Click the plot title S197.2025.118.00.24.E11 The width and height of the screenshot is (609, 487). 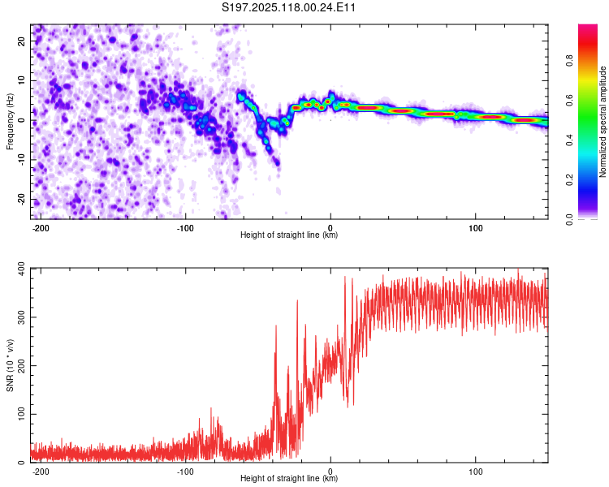[x=288, y=7]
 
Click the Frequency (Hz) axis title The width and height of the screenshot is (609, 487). [x=10, y=122]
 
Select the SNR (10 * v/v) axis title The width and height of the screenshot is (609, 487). [x=10, y=365]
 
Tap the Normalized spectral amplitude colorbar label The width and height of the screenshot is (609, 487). [x=603, y=122]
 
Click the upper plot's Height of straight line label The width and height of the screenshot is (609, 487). [x=289, y=235]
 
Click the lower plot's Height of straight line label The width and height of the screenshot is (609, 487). [x=289, y=478]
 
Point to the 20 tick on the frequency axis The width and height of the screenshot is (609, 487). [x=21, y=41]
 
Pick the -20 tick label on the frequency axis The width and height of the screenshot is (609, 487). [x=21, y=199]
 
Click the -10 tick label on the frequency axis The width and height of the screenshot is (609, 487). [x=21, y=160]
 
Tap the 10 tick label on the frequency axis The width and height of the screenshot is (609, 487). [x=21, y=80]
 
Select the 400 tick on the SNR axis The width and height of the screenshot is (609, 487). [x=21, y=269]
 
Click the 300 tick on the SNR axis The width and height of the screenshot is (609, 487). [x=21, y=317]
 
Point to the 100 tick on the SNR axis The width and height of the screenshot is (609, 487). [x=21, y=414]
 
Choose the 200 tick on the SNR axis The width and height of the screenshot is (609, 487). [x=21, y=365]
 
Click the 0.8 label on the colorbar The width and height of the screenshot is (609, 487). [x=569, y=61]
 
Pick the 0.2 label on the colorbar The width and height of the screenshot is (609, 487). [x=569, y=180]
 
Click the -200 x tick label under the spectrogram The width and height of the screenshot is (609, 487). [x=40, y=228]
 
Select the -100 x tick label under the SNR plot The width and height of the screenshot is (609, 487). [x=185, y=472]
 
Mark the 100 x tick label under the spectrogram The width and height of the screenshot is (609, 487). [x=475, y=228]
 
